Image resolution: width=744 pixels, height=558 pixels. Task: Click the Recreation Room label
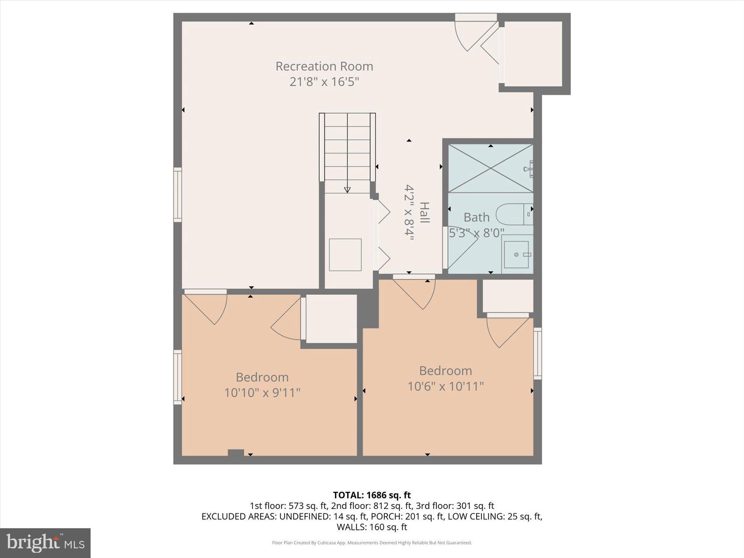(324, 67)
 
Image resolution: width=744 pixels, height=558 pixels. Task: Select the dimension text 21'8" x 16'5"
(324, 82)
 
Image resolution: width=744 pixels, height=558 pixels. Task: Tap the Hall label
(424, 213)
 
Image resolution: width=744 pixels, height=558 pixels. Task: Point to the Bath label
(476, 218)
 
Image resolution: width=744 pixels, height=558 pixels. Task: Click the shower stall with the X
(490, 168)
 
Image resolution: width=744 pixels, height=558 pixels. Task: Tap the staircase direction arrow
(347, 190)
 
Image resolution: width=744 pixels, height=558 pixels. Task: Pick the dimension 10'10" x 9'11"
(262, 393)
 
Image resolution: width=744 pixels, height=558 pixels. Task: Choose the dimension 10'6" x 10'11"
(446, 386)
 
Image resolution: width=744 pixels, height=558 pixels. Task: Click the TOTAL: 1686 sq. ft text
(372, 495)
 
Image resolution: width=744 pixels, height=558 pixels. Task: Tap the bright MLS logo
(46, 543)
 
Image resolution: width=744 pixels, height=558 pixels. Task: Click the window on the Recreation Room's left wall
(178, 194)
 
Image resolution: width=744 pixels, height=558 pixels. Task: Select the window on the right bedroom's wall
(537, 353)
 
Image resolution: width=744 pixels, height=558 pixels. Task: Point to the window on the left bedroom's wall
(178, 377)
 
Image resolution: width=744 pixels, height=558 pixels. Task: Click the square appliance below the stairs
(345, 255)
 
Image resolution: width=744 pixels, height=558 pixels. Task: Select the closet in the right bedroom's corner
(508, 296)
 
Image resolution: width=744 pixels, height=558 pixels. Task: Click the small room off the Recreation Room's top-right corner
(533, 53)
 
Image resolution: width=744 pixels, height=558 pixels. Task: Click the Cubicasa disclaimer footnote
(372, 543)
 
